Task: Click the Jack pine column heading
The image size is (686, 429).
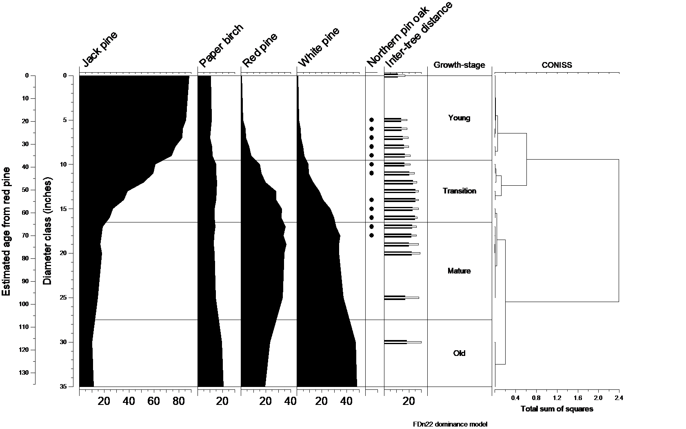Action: pos(100,49)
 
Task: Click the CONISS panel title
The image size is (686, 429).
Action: pos(557,65)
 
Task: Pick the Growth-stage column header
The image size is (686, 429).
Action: pos(459,65)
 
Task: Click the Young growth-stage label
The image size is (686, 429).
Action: pos(459,118)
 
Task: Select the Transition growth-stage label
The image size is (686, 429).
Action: pos(459,191)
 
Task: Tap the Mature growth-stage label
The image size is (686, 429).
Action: pos(459,271)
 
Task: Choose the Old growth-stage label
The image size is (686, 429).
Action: pos(459,353)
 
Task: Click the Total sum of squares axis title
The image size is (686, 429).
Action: pos(557,409)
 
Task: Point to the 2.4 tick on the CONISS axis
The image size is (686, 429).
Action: pos(619,398)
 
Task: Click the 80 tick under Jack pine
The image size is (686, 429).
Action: pos(179,402)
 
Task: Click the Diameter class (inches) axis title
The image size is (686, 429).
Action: pos(48,231)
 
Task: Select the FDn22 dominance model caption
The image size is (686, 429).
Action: pos(450,424)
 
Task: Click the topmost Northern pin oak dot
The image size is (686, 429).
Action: pos(371,120)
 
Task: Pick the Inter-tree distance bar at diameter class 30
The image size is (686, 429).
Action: pos(402,342)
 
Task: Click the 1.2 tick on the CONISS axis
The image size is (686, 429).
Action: pos(557,398)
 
